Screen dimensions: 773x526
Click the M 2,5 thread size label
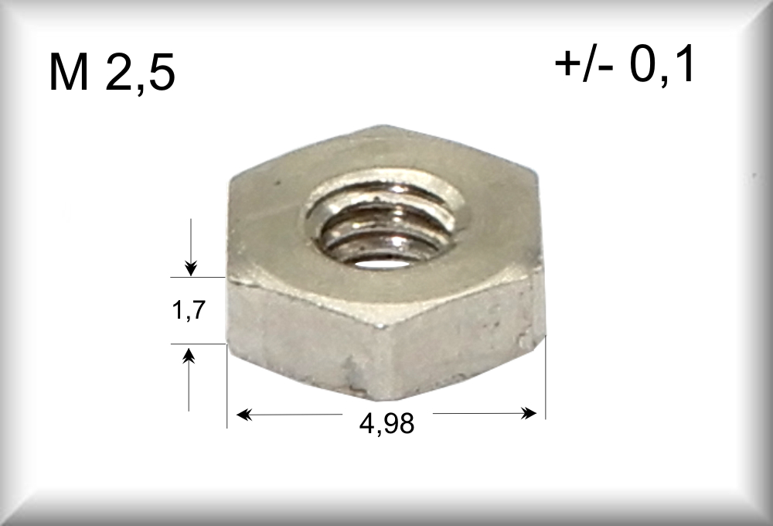point(112,72)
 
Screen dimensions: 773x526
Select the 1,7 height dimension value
point(189,310)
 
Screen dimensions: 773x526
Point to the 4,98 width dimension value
point(387,423)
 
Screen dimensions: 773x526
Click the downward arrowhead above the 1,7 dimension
point(191,268)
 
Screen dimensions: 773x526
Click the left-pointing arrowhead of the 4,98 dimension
point(244,415)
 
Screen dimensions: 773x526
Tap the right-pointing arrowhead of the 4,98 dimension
point(529,413)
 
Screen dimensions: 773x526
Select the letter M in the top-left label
point(69,73)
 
